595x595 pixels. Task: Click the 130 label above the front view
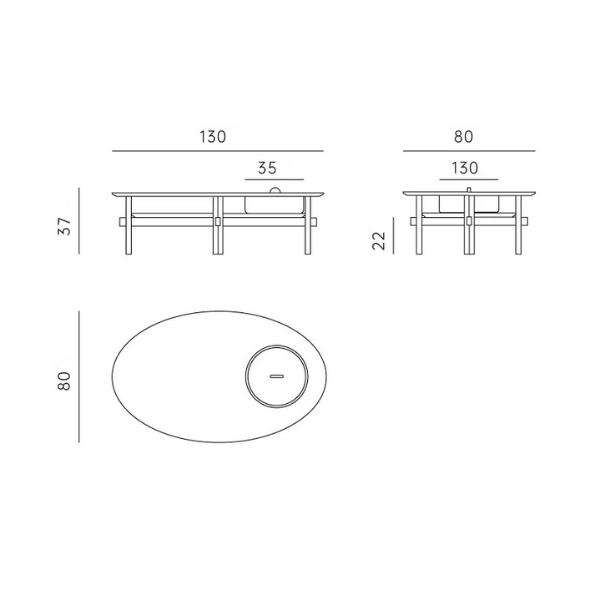tap(213, 137)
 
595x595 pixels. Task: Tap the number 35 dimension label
tap(268, 168)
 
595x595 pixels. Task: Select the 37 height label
tap(65, 226)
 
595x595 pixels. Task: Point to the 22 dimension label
tap(379, 240)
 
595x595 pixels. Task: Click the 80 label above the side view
tap(463, 137)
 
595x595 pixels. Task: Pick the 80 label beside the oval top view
tap(64, 381)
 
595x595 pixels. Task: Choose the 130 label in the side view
tap(465, 168)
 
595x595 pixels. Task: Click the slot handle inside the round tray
tap(276, 376)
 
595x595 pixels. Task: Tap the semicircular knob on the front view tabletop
tap(275, 189)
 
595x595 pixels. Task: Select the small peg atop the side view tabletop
tap(469, 189)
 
